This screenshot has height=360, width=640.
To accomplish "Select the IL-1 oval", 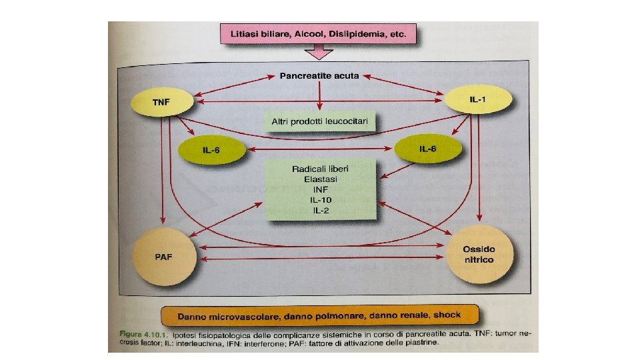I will [479, 99].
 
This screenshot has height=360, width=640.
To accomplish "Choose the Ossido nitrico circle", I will [479, 254].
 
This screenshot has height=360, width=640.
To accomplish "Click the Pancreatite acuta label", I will [319, 75].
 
